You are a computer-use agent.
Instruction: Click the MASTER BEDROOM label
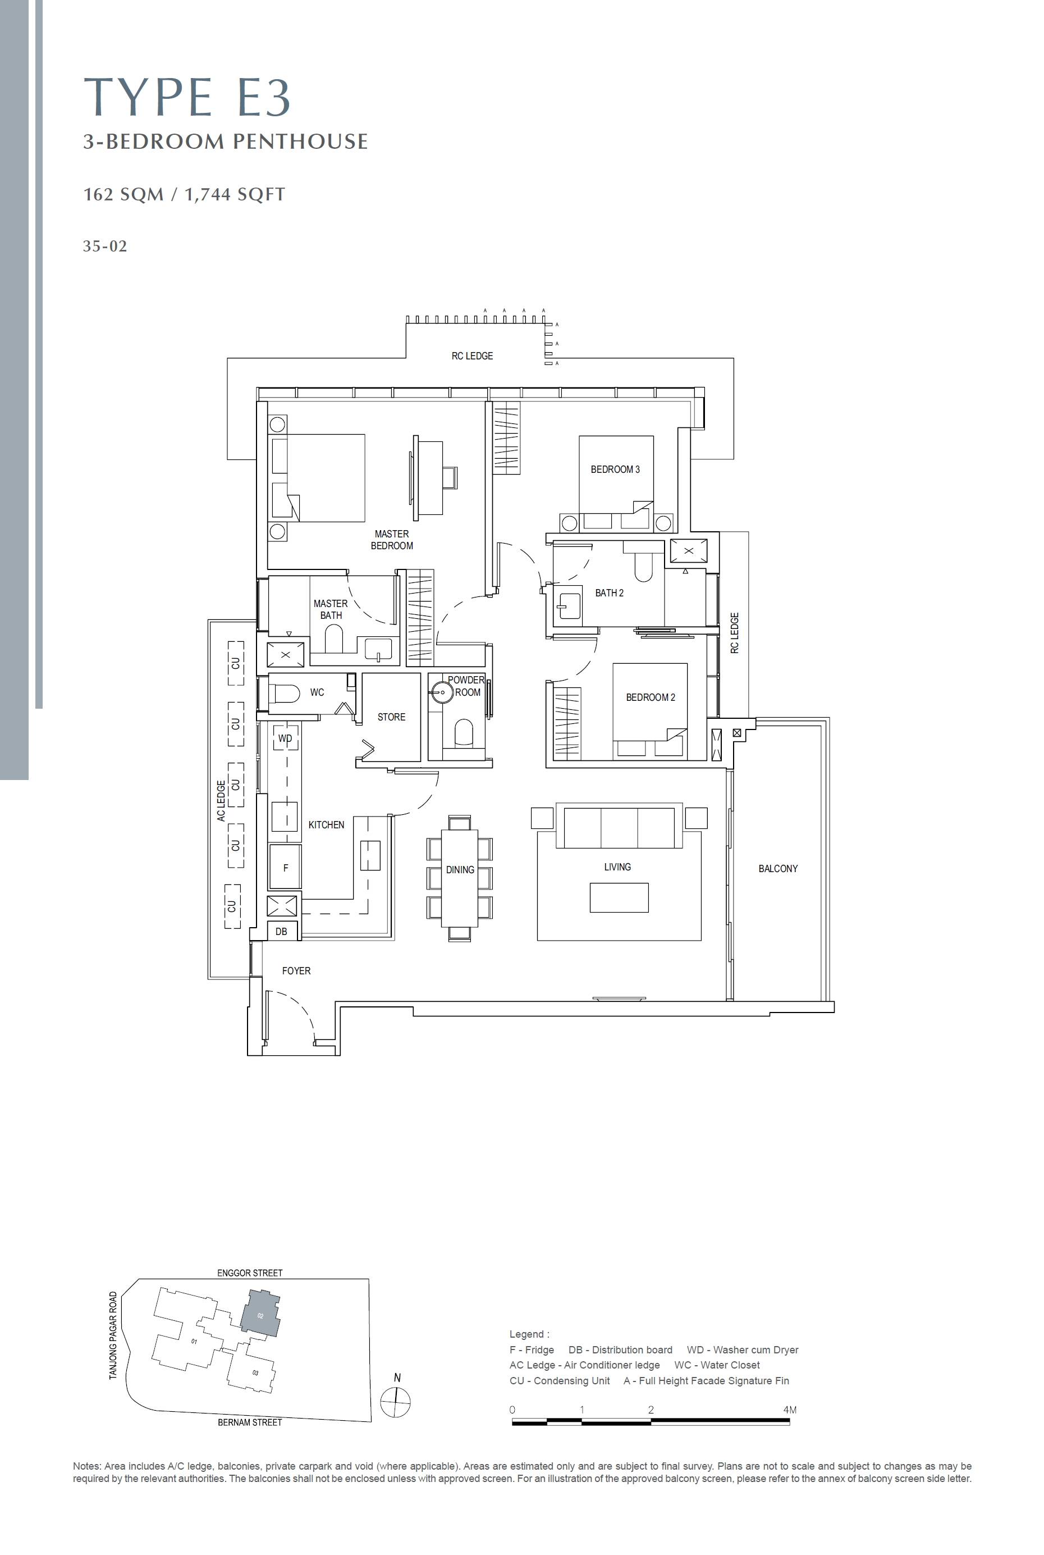[392, 540]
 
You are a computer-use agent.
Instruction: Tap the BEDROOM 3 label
[615, 469]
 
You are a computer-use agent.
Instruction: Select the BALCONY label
[778, 868]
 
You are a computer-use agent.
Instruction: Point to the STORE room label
[392, 717]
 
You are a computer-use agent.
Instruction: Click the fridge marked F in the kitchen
[285, 867]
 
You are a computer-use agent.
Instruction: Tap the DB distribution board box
[282, 931]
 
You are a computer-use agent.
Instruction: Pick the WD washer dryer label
[285, 738]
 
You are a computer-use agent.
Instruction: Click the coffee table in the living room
[619, 897]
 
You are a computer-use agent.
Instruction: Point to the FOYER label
[296, 971]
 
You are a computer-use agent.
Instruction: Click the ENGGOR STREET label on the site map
[250, 1273]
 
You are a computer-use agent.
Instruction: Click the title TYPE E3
[187, 97]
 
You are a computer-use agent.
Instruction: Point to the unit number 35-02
[104, 247]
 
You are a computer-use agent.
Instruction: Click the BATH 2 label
[609, 592]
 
